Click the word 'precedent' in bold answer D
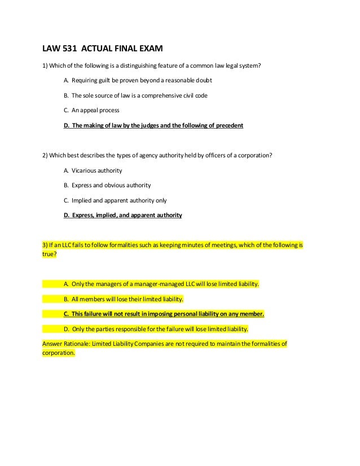pos(226,125)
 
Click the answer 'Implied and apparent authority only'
pos(119,200)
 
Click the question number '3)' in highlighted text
pos(46,245)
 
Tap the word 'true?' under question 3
pos(50,254)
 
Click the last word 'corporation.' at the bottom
pos(59,353)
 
